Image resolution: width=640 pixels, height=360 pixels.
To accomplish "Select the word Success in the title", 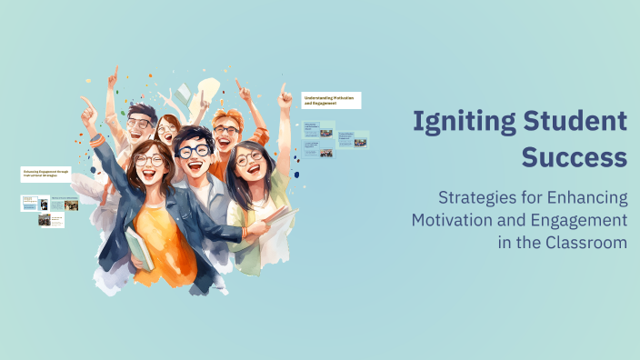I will (x=574, y=156).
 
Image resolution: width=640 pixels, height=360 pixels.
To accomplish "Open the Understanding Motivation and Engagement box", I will (x=331, y=100).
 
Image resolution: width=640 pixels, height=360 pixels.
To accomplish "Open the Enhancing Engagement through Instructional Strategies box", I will (x=45, y=174).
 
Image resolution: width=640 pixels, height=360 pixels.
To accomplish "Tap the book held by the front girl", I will (x=138, y=246).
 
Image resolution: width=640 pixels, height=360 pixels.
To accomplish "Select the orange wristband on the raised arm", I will (x=97, y=140).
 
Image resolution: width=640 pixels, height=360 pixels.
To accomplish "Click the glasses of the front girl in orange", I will (x=149, y=161).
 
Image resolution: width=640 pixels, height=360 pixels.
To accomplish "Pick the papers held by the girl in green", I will (x=277, y=217).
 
